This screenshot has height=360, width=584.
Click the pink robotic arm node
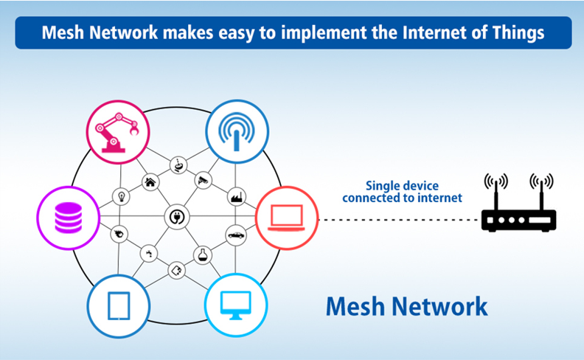click(x=118, y=132)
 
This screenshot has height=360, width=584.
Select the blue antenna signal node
click(x=237, y=131)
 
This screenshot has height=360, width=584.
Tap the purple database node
click(x=68, y=218)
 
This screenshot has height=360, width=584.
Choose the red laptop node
click(x=287, y=218)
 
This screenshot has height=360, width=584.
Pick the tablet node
click(x=119, y=306)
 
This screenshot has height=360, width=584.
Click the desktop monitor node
click(x=236, y=305)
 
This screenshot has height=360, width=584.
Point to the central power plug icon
click(x=177, y=217)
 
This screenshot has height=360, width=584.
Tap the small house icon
click(x=150, y=182)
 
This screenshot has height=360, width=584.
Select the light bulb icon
click(x=121, y=196)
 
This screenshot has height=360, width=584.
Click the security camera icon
click(x=203, y=180)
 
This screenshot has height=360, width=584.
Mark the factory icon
click(x=236, y=197)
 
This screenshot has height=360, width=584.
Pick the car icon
click(x=236, y=235)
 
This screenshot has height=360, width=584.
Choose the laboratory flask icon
click(x=203, y=255)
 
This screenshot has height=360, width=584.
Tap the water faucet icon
click(x=149, y=254)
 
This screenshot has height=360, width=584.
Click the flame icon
click(x=119, y=234)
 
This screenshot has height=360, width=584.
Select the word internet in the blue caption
click(x=440, y=198)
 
